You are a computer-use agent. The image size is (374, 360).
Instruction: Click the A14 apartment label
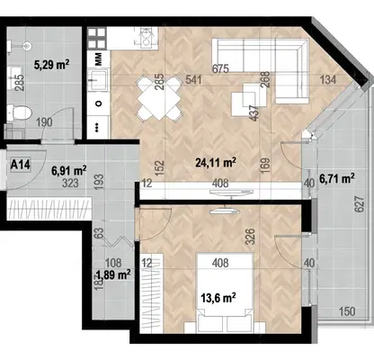pos(21,165)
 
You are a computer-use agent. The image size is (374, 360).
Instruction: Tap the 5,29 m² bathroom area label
pos(52,64)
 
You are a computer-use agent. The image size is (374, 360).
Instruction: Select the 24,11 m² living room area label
pos(216,163)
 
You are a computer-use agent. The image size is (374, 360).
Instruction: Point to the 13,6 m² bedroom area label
pos(218,298)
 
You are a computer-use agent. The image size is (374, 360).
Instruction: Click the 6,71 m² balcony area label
pos(337,179)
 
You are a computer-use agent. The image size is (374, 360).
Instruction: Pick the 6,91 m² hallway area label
pos(69,171)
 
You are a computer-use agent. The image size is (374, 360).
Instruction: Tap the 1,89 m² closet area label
pos(113,274)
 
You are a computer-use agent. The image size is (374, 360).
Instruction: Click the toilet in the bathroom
pos(20,113)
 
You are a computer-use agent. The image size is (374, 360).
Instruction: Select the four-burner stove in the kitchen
pos(97,38)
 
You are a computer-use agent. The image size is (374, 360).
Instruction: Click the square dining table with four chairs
pos(159,97)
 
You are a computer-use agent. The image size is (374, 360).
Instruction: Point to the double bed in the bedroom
pos(225,292)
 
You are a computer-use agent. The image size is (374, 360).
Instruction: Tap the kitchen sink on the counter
pos(97,79)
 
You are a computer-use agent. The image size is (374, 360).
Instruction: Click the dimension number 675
pos(220,68)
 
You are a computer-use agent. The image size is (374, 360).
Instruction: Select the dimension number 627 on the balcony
pos(360,204)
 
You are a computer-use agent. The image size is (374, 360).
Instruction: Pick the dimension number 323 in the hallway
pos(70,183)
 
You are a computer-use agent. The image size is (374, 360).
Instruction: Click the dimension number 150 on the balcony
pos(347,311)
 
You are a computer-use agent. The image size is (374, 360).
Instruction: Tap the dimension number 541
pos(193,80)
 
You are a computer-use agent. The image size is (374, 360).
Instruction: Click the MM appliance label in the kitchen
pos(98,58)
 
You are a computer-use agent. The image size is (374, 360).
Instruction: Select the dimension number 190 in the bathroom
pos(44,122)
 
